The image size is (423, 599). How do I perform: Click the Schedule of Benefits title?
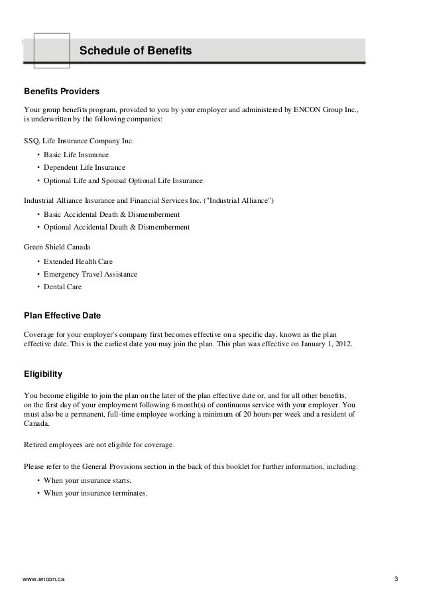coord(135,50)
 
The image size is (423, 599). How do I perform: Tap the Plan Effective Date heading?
coord(62,314)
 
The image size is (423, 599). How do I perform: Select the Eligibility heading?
coord(43,373)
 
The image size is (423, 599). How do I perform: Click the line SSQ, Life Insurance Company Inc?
coord(78,141)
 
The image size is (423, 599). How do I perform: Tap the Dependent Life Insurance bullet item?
coord(84,167)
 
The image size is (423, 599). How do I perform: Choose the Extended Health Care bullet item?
coord(78,261)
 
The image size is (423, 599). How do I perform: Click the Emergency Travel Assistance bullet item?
coord(90,274)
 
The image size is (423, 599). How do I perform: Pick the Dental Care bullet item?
coord(64,287)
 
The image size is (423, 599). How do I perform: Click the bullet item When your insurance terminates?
coord(95,494)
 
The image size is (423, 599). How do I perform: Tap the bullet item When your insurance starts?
coord(88,480)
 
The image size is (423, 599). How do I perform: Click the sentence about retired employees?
coord(99,444)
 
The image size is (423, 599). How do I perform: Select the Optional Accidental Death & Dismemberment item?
coord(117,227)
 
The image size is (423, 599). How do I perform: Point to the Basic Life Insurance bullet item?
coord(76,154)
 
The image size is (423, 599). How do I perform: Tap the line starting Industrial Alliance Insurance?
coord(148,200)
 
